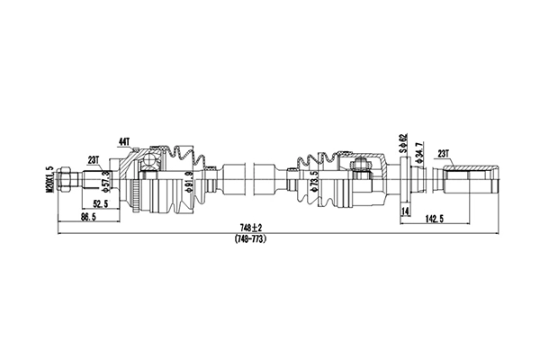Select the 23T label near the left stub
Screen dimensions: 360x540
94,160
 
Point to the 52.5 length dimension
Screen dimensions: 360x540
102,204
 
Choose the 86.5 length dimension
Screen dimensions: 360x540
88,219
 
